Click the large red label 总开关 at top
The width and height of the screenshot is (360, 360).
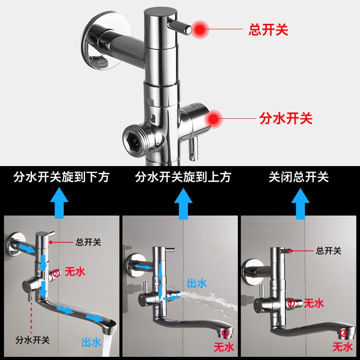click(268, 30)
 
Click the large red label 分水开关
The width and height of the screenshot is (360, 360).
click(286, 119)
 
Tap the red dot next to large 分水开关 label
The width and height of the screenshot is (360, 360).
click(214, 119)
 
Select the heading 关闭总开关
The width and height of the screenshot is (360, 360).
click(299, 177)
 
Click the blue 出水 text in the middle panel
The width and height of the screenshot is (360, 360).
click(197, 283)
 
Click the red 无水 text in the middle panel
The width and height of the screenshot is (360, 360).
click(223, 347)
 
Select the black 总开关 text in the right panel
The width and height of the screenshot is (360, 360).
click(328, 251)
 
